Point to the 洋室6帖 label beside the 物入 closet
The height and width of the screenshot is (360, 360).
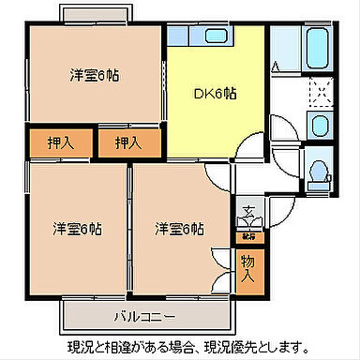pyautogui.click(x=179, y=228)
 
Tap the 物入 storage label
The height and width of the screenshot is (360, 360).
pyautogui.click(x=247, y=269)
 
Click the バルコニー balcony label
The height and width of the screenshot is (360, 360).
pyautogui.click(x=145, y=314)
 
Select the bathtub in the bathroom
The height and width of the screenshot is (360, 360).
pyautogui.click(x=317, y=44)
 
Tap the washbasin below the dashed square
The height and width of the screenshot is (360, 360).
pyautogui.click(x=319, y=128)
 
